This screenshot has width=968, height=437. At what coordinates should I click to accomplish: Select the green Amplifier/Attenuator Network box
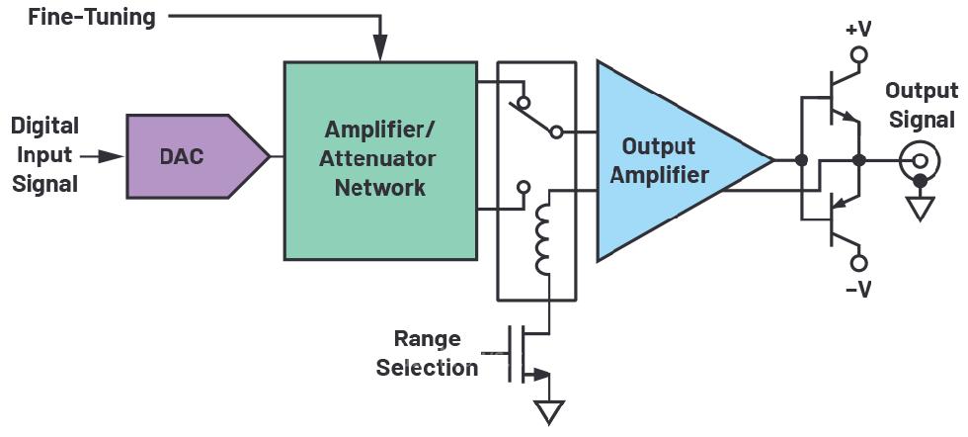[379, 160]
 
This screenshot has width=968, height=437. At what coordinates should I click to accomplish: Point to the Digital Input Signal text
[45, 156]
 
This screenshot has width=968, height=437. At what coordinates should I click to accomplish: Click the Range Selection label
[427, 353]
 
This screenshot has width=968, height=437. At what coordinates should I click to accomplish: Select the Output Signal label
[921, 104]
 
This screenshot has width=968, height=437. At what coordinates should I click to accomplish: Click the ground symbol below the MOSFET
[549, 409]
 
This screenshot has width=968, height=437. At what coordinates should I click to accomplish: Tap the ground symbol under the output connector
[921, 207]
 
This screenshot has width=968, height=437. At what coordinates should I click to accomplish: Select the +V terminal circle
[859, 56]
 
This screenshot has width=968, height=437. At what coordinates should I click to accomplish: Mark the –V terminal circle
[859, 263]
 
